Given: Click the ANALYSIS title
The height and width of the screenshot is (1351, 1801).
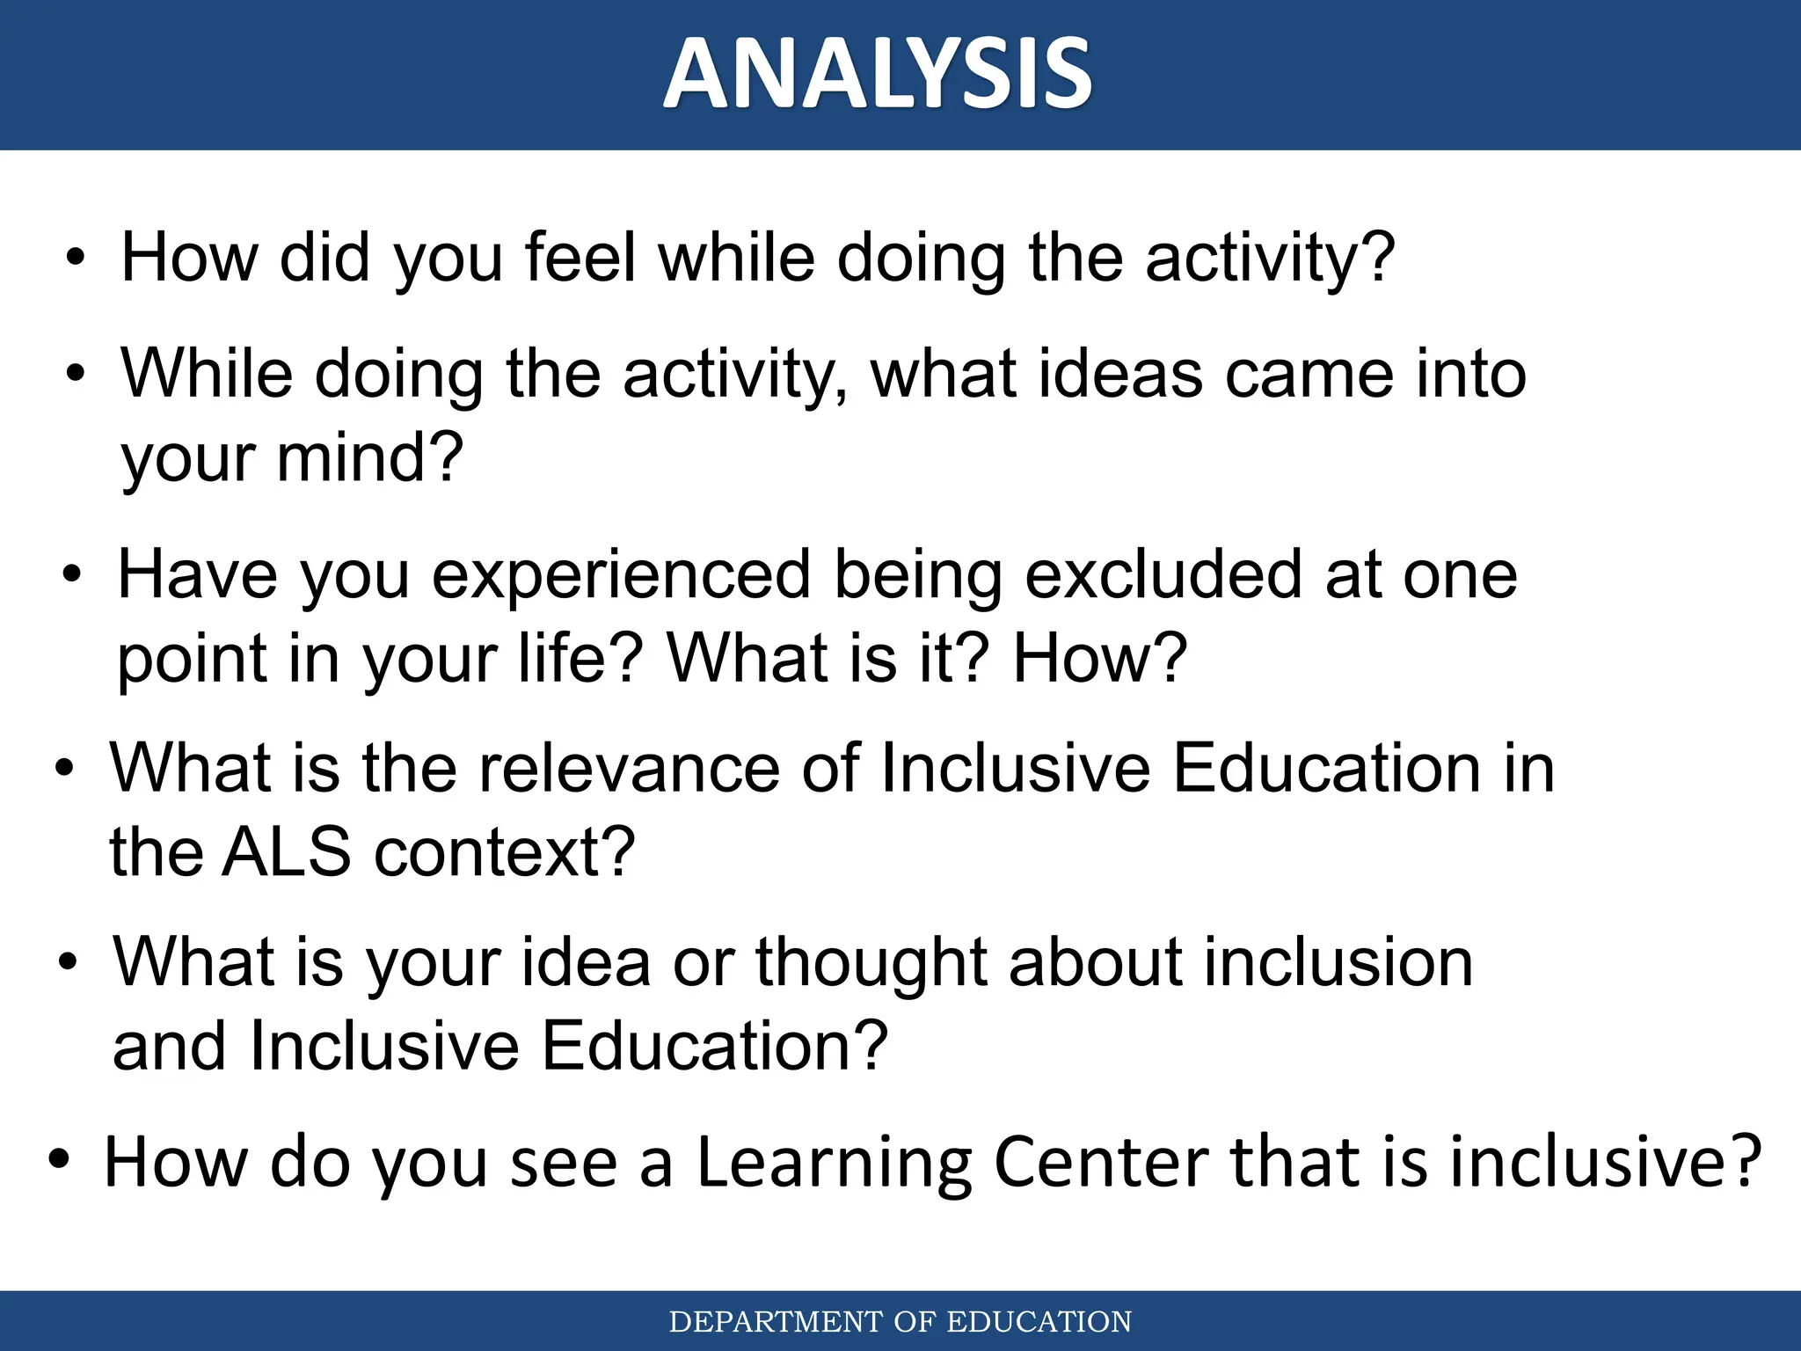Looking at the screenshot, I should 878,74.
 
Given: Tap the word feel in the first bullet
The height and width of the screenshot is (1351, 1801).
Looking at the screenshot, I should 580,258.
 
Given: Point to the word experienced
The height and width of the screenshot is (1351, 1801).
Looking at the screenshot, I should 622,575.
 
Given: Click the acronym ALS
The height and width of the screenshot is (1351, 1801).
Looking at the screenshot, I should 286,852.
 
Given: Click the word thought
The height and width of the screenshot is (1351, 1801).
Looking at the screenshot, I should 871,962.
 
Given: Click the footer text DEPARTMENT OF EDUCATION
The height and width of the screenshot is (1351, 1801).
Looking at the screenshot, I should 900,1322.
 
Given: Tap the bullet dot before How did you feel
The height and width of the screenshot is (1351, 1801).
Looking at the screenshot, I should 77,259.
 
